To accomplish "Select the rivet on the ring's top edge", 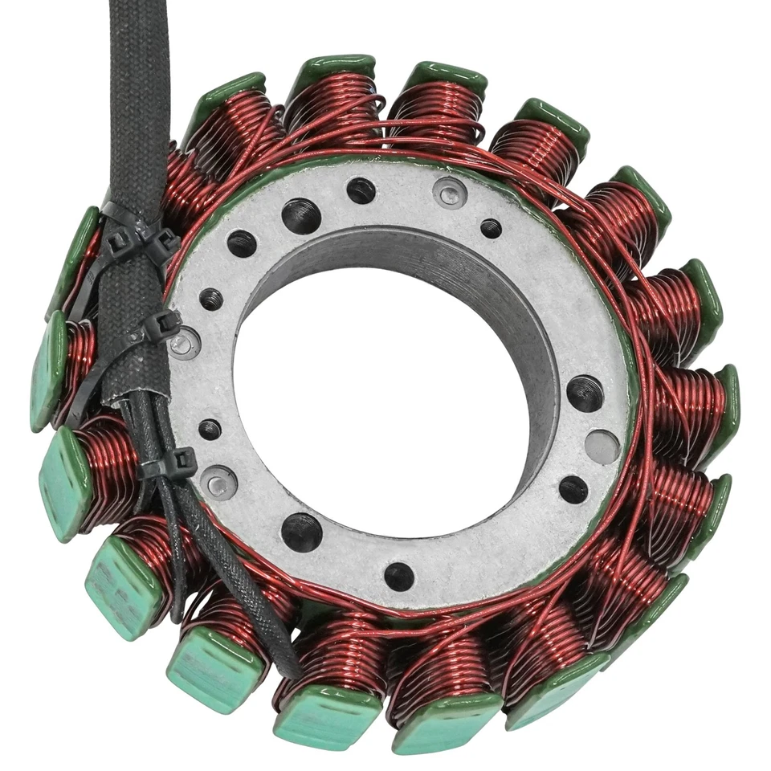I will click(x=448, y=193).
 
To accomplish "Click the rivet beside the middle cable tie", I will click(x=182, y=344).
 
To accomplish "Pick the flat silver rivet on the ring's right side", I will click(x=602, y=447).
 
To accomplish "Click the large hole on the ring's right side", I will click(x=585, y=393).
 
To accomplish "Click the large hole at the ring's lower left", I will click(x=302, y=531).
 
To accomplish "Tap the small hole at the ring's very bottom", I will click(x=399, y=575).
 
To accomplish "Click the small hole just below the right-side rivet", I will click(x=573, y=489).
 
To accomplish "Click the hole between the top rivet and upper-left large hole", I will click(x=361, y=190).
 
